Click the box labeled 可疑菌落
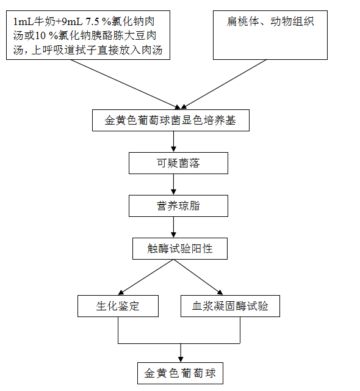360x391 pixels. click(178, 163)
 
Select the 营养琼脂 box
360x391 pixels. click(178, 206)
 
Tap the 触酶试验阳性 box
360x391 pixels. click(180, 249)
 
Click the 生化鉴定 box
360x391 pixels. click(118, 306)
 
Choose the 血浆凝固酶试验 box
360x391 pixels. click(230, 306)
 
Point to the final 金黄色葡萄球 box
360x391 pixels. click(180, 373)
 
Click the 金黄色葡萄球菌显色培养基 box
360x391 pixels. click(171, 120)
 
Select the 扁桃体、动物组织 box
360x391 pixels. click(270, 35)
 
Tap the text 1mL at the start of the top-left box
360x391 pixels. click(23, 22)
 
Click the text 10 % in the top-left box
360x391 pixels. click(46, 36)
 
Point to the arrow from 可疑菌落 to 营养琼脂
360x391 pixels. click(174, 185)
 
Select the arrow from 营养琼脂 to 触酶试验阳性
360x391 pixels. click(174, 227)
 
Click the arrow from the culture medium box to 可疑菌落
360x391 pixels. click(174, 142)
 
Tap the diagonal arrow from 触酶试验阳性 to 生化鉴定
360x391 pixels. click(146, 277)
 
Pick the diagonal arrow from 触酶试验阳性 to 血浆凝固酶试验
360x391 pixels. click(198, 277)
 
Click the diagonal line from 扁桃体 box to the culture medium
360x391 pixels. click(224, 84)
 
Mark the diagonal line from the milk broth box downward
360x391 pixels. click(125, 84)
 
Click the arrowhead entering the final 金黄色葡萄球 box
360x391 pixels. click(181, 360)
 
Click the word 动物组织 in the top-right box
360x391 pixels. click(292, 22)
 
